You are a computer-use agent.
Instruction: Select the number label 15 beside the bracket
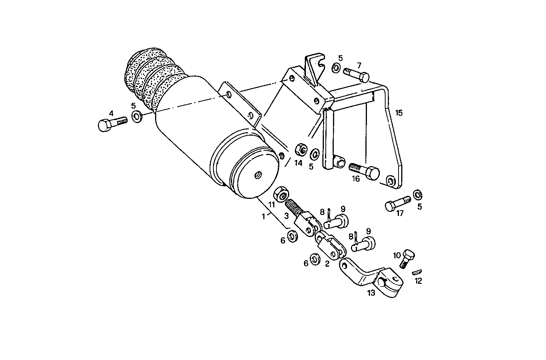pyautogui.click(x=399, y=113)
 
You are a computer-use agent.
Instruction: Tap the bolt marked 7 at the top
pyautogui.click(x=357, y=74)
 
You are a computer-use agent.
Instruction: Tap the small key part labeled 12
pyautogui.click(x=417, y=272)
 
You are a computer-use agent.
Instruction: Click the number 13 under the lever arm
pyautogui.click(x=371, y=293)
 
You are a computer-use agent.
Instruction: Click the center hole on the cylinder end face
pyautogui.click(x=258, y=175)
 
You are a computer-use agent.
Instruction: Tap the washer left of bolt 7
pyautogui.click(x=336, y=68)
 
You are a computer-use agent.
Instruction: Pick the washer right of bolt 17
pyautogui.click(x=418, y=195)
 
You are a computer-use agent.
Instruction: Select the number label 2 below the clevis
pyautogui.click(x=327, y=264)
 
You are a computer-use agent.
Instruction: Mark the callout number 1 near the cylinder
pyautogui.click(x=263, y=216)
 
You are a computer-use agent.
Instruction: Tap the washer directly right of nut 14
pyautogui.click(x=315, y=155)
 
